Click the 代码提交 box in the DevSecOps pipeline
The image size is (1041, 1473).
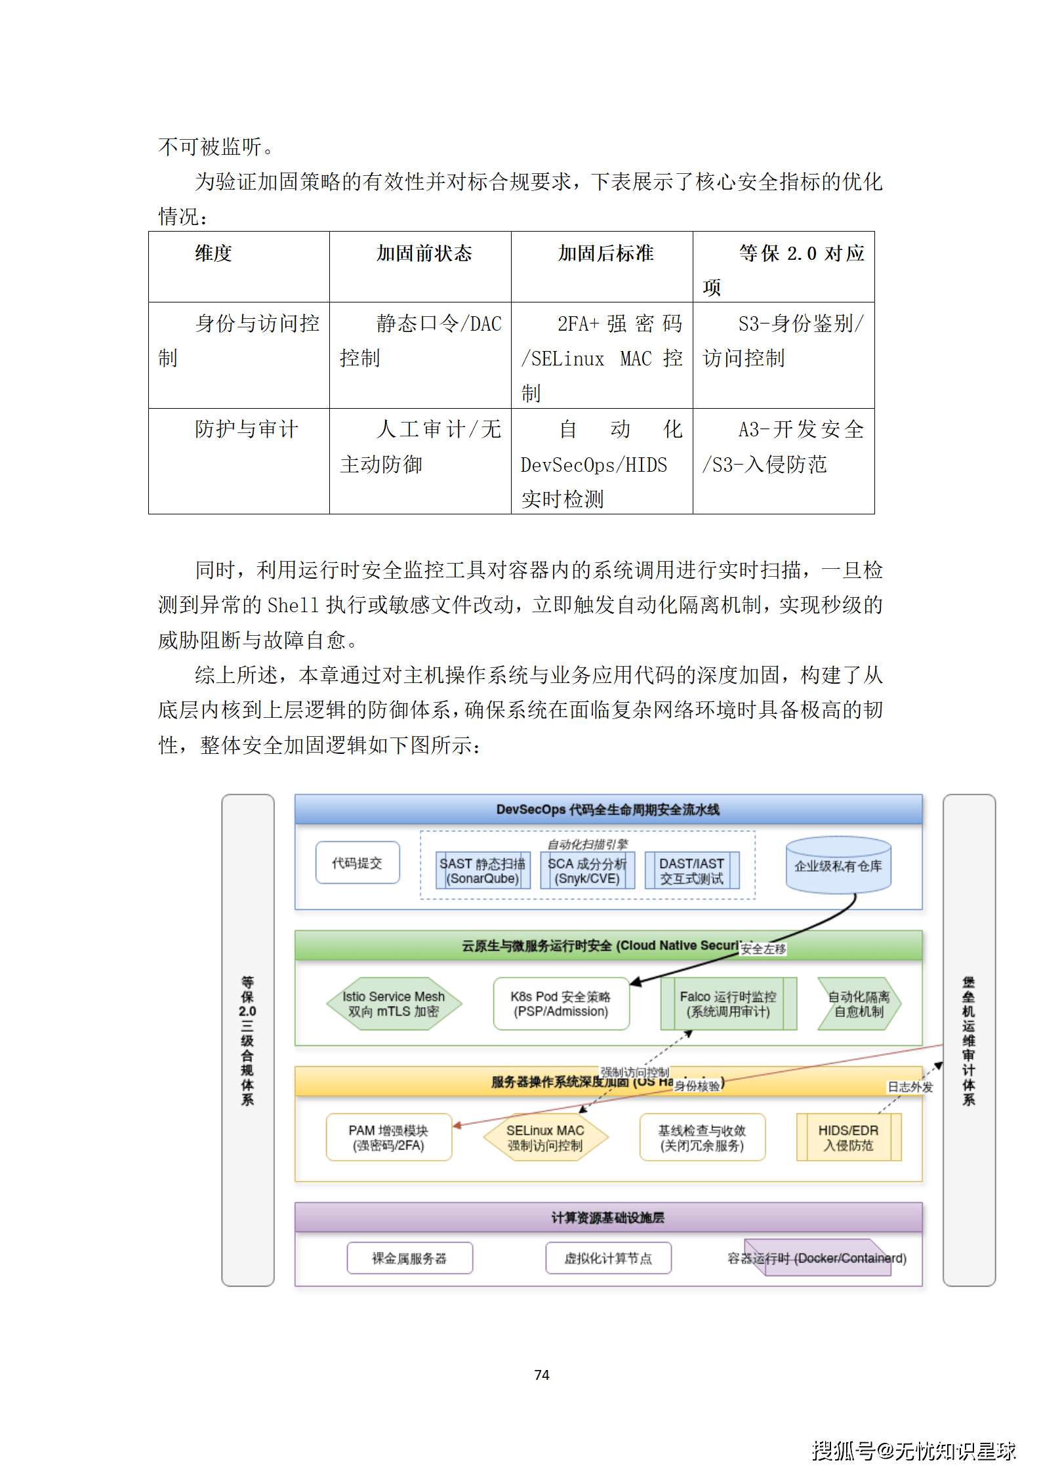click(x=357, y=863)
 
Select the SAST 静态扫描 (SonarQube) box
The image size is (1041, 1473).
click(x=483, y=871)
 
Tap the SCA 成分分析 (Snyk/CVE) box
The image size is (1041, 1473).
click(x=587, y=871)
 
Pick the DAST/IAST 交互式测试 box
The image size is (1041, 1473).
click(x=691, y=871)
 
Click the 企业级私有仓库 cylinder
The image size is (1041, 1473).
click(x=838, y=865)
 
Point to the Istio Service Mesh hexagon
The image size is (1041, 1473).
click(x=394, y=1003)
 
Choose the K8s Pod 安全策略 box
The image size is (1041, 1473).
click(x=561, y=1003)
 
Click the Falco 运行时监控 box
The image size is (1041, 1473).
click(x=728, y=1003)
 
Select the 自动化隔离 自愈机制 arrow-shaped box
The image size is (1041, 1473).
click(x=859, y=1003)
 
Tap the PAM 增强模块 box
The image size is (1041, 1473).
click(x=388, y=1137)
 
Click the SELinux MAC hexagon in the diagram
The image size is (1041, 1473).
click(x=545, y=1137)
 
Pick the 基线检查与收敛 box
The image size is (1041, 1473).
click(x=702, y=1137)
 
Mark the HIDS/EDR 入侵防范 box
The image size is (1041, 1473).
click(x=848, y=1137)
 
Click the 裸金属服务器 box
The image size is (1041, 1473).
click(x=409, y=1258)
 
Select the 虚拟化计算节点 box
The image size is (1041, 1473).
click(x=608, y=1258)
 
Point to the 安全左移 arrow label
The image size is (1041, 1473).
click(x=763, y=949)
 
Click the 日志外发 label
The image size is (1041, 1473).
click(x=910, y=1087)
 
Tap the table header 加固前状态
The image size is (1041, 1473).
click(x=424, y=253)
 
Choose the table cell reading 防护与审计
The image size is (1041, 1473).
click(x=247, y=429)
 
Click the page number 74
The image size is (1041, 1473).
click(x=542, y=1375)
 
